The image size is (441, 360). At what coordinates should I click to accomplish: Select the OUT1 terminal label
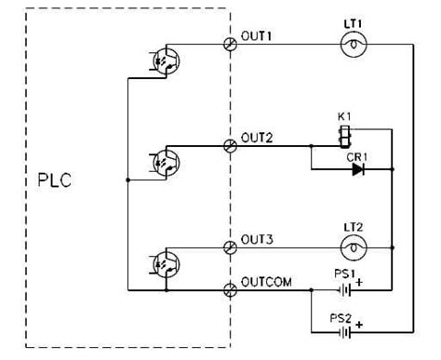point(256,35)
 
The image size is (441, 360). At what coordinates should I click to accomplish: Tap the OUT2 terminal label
point(256,138)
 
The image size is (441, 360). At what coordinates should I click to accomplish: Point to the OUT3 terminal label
point(256,239)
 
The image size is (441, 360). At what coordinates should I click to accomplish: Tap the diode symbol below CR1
point(357,170)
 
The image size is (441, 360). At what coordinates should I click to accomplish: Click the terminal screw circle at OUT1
point(230,43)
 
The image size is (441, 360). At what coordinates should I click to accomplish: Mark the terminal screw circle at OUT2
point(230,145)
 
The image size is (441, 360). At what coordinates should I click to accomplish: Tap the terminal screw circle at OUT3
point(230,247)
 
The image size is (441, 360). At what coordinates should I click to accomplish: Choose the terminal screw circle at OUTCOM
point(230,290)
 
